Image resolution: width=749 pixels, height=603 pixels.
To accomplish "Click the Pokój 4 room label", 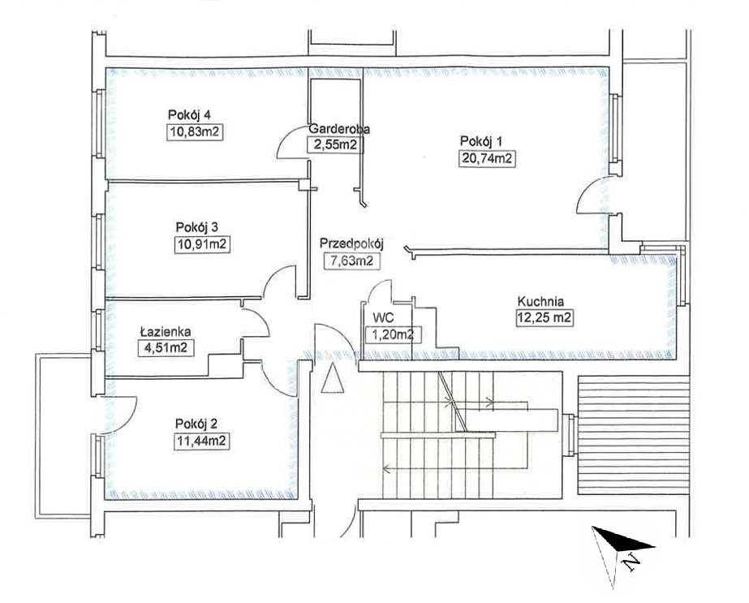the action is point(189,115).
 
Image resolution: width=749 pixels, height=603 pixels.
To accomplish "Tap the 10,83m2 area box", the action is point(196,131).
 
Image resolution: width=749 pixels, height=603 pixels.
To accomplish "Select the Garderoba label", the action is point(339,128).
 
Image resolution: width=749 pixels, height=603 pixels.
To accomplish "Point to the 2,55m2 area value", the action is point(335,144).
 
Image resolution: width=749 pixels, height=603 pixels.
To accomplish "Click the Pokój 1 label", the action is point(481,141).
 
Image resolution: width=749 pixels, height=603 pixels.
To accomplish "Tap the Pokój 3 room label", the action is point(197,227).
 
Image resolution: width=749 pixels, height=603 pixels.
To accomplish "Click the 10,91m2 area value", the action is point(203,244).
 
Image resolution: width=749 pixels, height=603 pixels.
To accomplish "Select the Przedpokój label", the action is point(352,243).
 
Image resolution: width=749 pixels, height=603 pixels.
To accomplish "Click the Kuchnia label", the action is point(540,302).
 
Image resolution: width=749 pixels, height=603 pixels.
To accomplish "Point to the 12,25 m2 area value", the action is point(545,318).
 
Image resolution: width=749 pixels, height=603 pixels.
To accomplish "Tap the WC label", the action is point(384,318).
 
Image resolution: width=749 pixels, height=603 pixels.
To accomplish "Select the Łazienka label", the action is point(166,330).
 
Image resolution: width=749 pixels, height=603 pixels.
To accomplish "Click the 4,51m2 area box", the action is point(166,348).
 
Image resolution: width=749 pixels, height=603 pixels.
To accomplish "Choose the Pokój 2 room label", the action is point(197,424).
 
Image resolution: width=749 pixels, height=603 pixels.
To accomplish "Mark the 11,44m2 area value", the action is point(201,441).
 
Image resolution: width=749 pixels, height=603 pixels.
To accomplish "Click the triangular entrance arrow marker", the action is point(333,378).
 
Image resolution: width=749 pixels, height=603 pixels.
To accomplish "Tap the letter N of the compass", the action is point(631,562).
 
